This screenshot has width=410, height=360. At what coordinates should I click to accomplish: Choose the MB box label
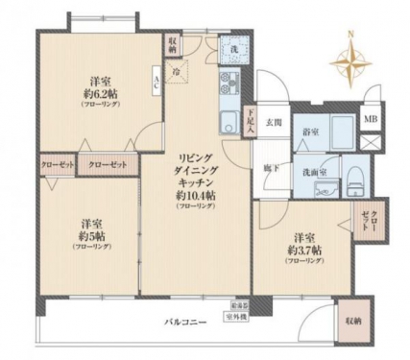tap(370, 119)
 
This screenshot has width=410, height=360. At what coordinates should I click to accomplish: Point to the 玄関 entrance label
tap(274, 123)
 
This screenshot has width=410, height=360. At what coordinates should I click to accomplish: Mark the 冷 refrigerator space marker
tap(178, 71)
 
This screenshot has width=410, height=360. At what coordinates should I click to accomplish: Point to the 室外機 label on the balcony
tap(236, 316)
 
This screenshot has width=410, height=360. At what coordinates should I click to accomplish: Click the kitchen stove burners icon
tap(229, 82)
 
